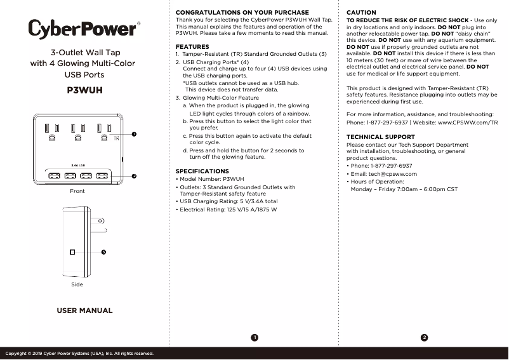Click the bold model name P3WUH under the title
84,90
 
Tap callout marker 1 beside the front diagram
134,134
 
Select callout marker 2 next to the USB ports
134,174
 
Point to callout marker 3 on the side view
103,252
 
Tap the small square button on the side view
73,252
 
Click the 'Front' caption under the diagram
77,190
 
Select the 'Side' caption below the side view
77,286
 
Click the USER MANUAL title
84,310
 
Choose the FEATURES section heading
192,47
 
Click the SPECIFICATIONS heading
202,171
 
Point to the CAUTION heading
361,13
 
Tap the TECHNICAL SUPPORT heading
380,137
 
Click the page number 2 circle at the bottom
424,337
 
